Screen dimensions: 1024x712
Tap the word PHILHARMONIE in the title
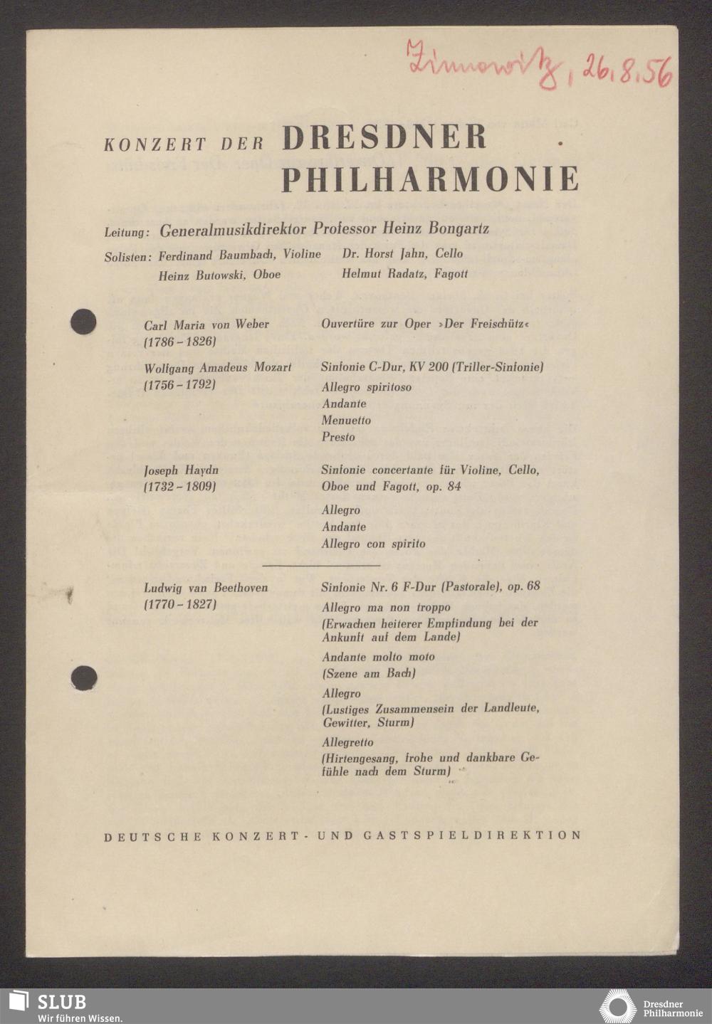pyautogui.click(x=430, y=179)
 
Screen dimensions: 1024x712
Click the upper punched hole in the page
pyautogui.click(x=83, y=322)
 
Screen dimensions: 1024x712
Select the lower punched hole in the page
pyautogui.click(x=84, y=677)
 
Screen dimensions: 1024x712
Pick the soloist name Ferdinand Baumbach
pyautogui.click(x=217, y=254)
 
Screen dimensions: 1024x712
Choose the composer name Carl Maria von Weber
pyautogui.click(x=206, y=324)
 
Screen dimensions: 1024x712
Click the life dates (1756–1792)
pyautogui.click(x=179, y=385)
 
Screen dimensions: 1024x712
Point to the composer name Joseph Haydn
pyautogui.click(x=181, y=470)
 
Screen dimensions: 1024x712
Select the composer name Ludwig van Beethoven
pyautogui.click(x=206, y=588)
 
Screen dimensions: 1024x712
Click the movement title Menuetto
pyautogui.click(x=346, y=421)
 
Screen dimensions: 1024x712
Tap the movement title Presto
pyautogui.click(x=338, y=437)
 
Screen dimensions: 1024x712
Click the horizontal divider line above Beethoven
pyautogui.click(x=321, y=566)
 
